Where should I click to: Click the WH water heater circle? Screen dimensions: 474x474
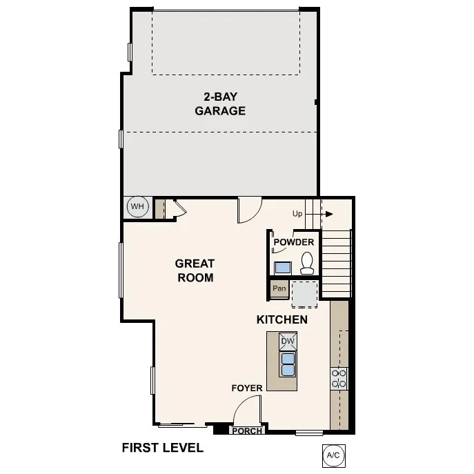tap(137, 206)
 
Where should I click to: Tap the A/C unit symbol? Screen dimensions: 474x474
tap(333, 455)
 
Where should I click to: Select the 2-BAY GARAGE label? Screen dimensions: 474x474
tap(220, 103)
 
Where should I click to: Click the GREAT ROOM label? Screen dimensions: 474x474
tap(195, 270)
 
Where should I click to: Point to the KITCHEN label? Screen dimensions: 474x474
tap(282, 320)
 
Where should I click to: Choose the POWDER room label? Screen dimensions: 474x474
tap(294, 242)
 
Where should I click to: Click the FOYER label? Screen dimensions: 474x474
tap(246, 388)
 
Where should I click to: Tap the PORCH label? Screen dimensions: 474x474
tap(246, 431)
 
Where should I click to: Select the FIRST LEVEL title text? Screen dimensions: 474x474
tap(162, 448)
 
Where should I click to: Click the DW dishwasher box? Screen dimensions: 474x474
tap(288, 342)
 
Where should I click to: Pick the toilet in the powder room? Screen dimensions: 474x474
tap(307, 262)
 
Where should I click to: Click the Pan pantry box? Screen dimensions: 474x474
tap(279, 288)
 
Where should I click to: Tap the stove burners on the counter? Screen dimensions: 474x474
tap(339, 378)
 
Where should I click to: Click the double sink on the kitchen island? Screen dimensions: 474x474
tap(288, 364)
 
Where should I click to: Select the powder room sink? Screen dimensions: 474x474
tap(282, 267)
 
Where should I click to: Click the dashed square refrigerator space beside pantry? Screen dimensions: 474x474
tap(304, 294)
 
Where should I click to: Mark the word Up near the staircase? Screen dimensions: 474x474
tap(297, 214)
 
